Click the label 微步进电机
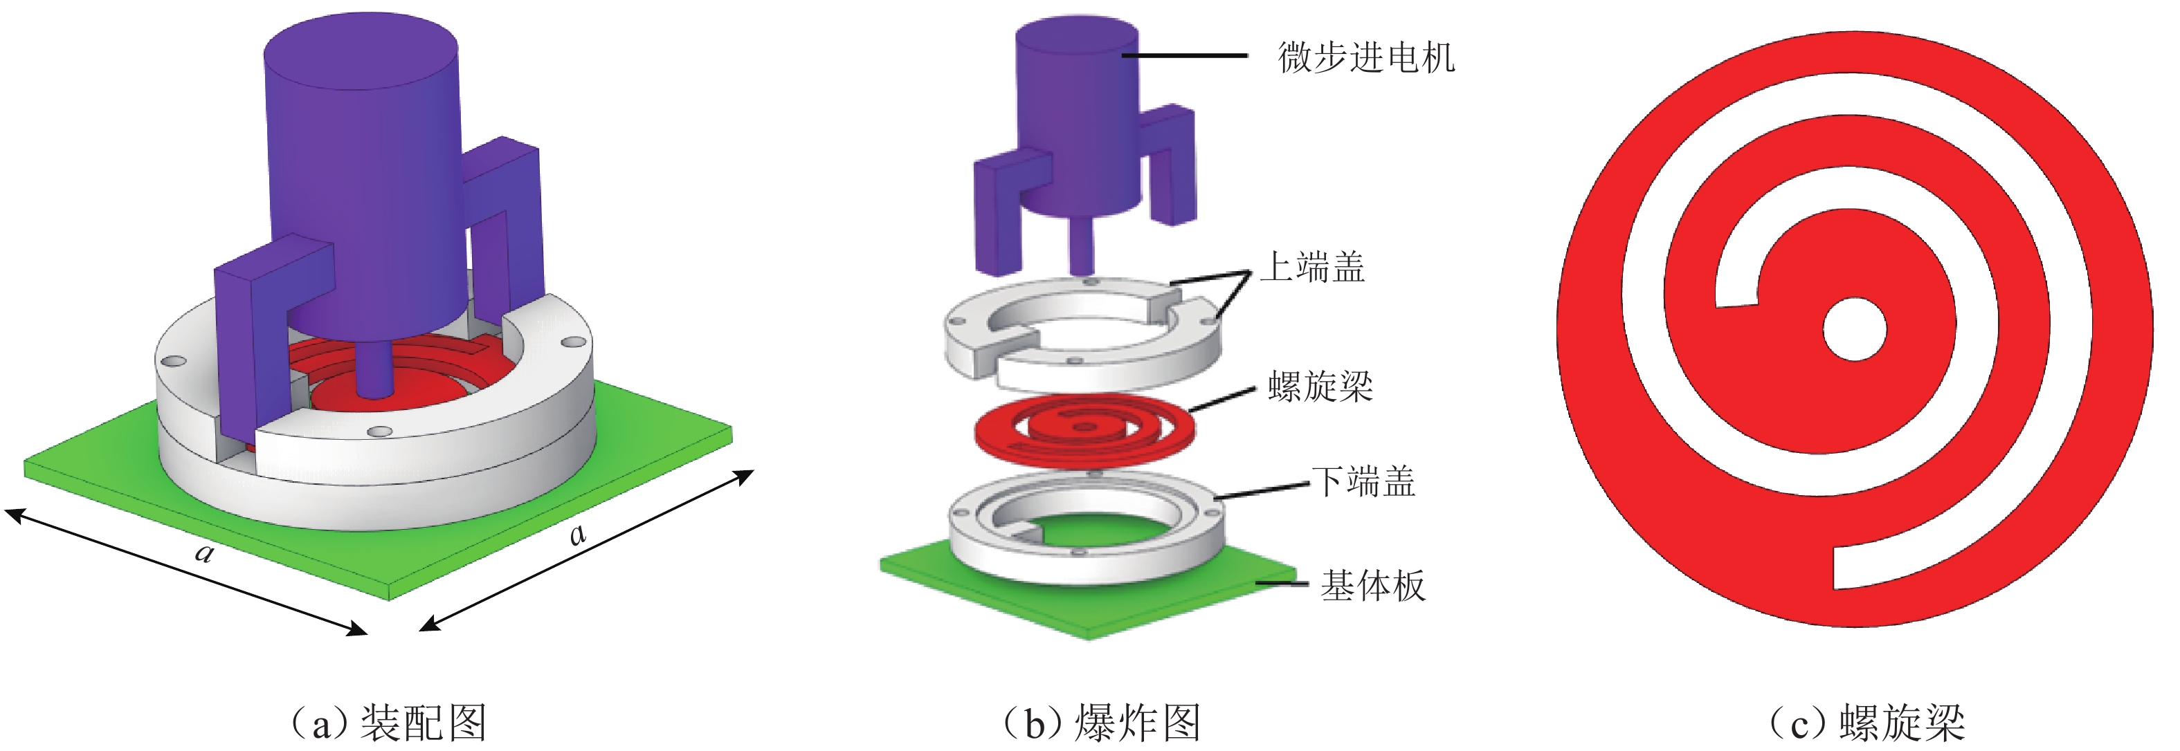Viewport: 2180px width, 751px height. point(1365,57)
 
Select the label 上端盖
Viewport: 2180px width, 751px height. point(1314,267)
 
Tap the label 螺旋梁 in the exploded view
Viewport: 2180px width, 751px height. point(1320,387)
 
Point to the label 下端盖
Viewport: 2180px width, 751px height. point(1363,481)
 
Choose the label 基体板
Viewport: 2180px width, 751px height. point(1372,585)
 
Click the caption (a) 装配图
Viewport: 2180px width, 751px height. point(388,723)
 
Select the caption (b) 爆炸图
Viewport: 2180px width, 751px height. point(1101,723)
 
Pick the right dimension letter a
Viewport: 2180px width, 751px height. point(577,534)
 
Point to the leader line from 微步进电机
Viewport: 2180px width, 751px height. point(1185,56)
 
